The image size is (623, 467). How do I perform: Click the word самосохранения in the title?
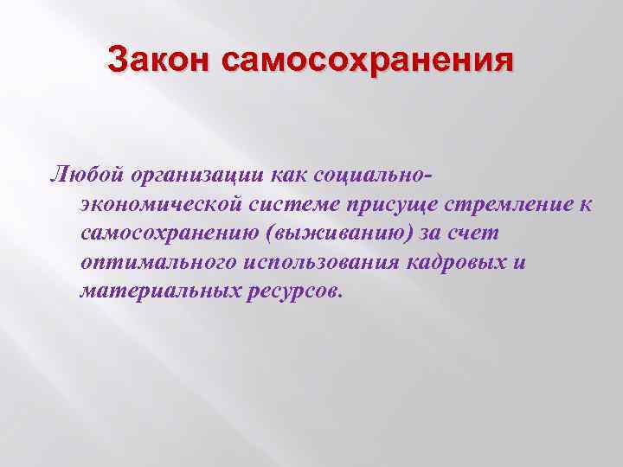point(367,62)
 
